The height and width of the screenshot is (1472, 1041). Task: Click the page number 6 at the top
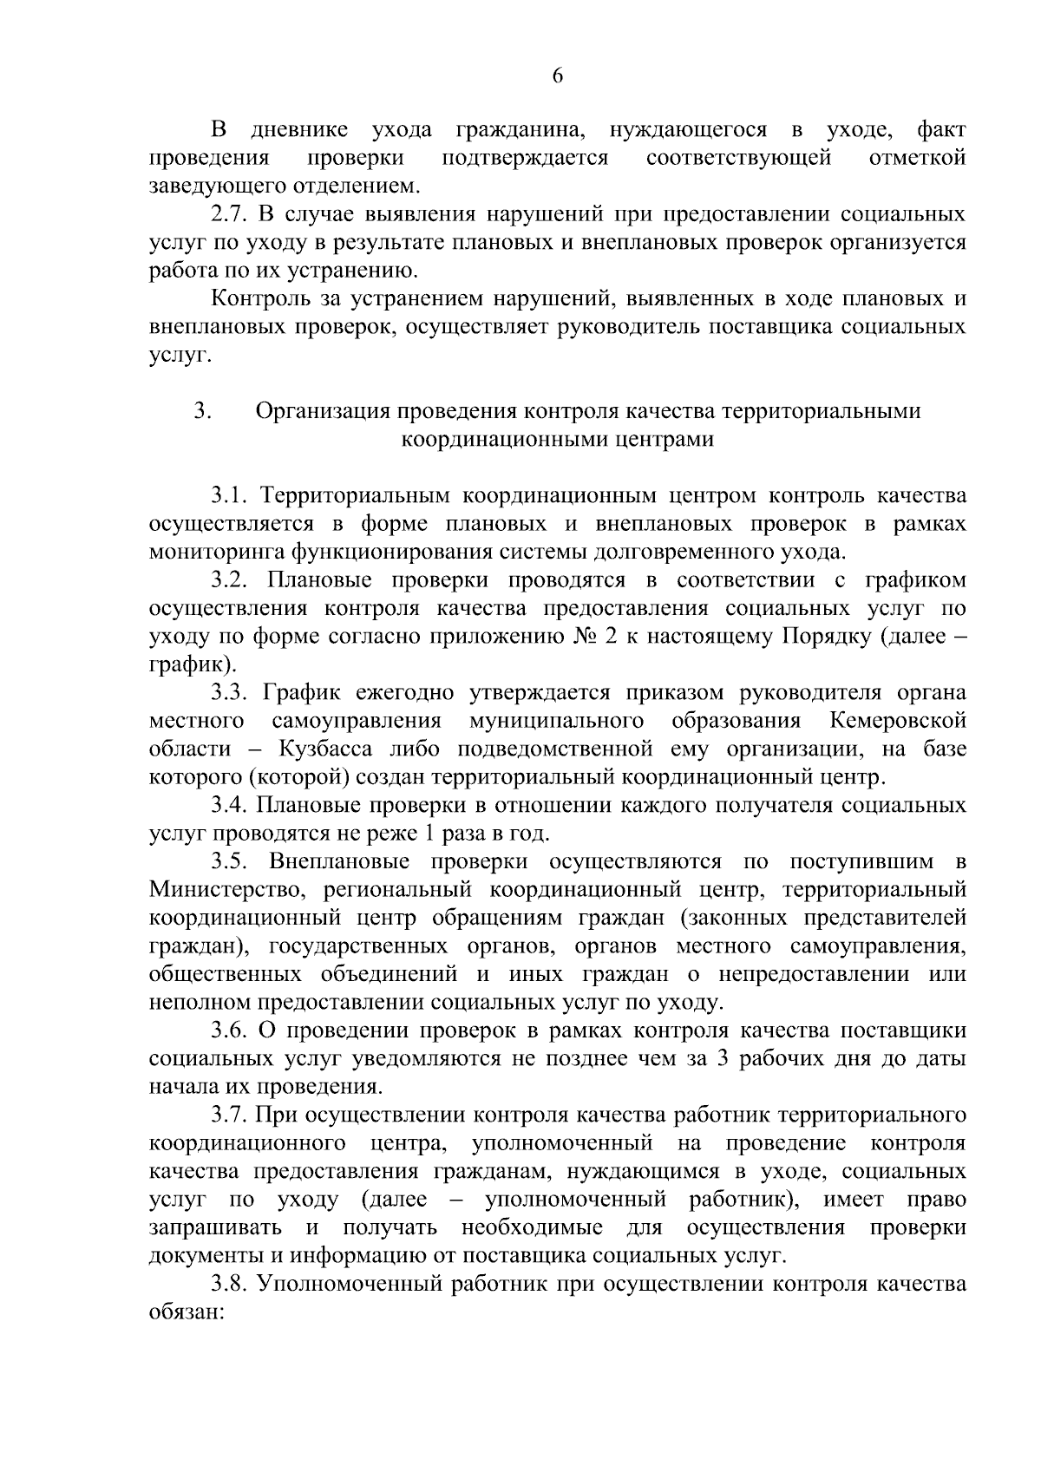(558, 76)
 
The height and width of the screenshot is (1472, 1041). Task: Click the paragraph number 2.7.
(232, 214)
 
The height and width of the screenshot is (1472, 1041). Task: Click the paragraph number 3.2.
(231, 580)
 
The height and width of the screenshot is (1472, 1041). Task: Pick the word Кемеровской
(897, 721)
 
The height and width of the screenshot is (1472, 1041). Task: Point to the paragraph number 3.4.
(231, 806)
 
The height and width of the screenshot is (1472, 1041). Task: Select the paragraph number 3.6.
(231, 1030)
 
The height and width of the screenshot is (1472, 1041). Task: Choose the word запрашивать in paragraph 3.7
(215, 1228)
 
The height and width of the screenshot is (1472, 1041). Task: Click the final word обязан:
(187, 1312)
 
